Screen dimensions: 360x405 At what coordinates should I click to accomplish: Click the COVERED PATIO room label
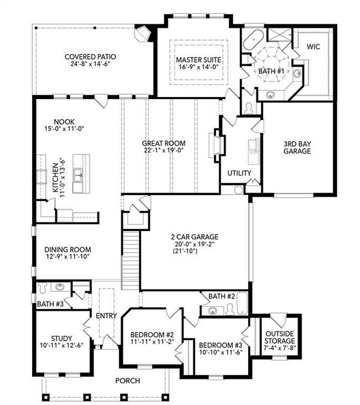[x=90, y=57]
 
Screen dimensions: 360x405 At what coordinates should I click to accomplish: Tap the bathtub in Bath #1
[x=253, y=39]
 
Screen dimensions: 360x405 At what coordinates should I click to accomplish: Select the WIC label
[x=313, y=47]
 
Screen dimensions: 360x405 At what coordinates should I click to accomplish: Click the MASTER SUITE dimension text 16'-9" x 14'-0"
[x=199, y=67]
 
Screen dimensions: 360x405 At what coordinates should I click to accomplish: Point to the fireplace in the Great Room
[x=217, y=145]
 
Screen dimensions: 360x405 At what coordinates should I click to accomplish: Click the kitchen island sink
[x=78, y=175]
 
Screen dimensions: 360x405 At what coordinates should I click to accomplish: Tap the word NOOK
[x=64, y=122]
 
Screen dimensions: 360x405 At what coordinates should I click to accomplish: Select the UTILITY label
[x=239, y=173]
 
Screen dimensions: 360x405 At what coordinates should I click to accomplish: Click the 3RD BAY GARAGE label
[x=297, y=147]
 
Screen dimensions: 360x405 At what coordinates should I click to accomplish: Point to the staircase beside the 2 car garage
[x=131, y=260]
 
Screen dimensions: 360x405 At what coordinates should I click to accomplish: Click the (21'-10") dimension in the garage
[x=185, y=250]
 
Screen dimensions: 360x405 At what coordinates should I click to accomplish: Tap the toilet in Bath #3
[x=42, y=288]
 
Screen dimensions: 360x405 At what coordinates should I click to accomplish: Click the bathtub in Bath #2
[x=242, y=303]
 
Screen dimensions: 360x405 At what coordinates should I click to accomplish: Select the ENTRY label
[x=106, y=316]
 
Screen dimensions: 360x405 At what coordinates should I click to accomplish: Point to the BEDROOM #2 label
[x=152, y=335]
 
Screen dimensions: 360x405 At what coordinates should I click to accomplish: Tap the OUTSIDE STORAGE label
[x=280, y=337]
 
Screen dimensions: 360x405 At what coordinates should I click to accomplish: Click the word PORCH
[x=127, y=381]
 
